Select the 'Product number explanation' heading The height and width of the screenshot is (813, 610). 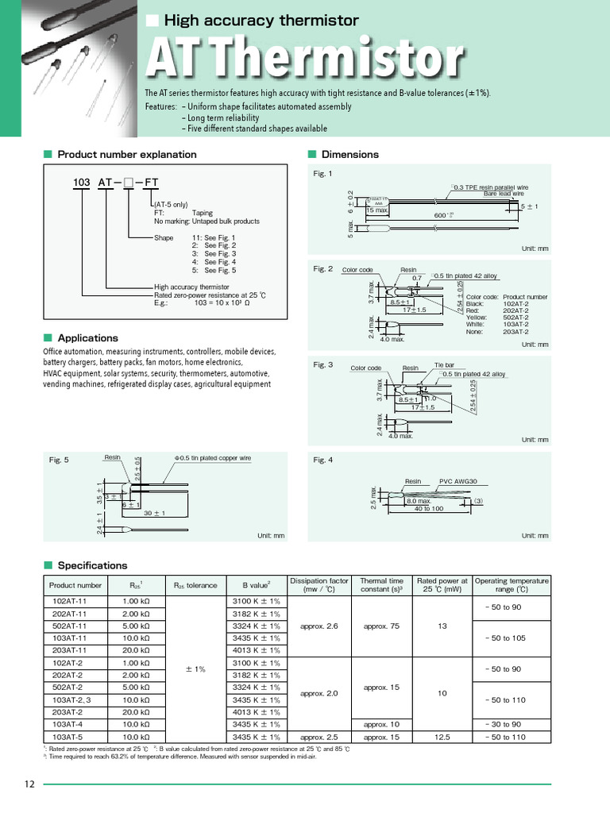click(126, 154)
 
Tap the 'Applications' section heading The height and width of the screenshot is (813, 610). click(87, 337)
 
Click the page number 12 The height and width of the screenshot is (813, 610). click(29, 784)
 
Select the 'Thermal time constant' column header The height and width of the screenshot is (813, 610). click(381, 586)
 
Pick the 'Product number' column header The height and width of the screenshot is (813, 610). click(75, 586)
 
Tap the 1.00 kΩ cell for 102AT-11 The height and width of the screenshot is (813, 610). click(136, 601)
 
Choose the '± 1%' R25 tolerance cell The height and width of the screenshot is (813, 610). click(195, 669)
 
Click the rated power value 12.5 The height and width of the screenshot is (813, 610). click(442, 737)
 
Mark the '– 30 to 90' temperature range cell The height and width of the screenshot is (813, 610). click(512, 724)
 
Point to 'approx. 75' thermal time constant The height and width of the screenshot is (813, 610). click(381, 626)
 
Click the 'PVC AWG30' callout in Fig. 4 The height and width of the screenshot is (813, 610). click(458, 481)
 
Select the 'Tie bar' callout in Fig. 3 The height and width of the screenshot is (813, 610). click(443, 366)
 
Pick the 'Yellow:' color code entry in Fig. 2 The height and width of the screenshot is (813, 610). click(477, 317)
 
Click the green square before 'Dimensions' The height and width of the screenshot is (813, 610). click(312, 154)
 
